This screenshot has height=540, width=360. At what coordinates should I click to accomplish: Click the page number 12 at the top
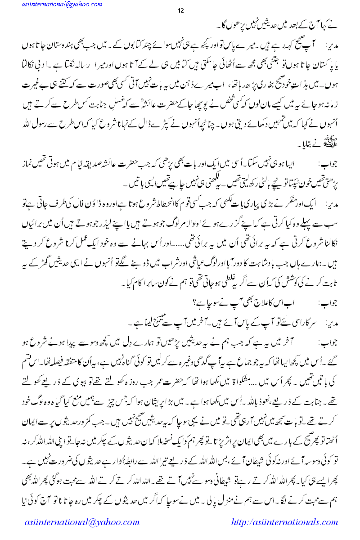(x=180, y=11)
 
